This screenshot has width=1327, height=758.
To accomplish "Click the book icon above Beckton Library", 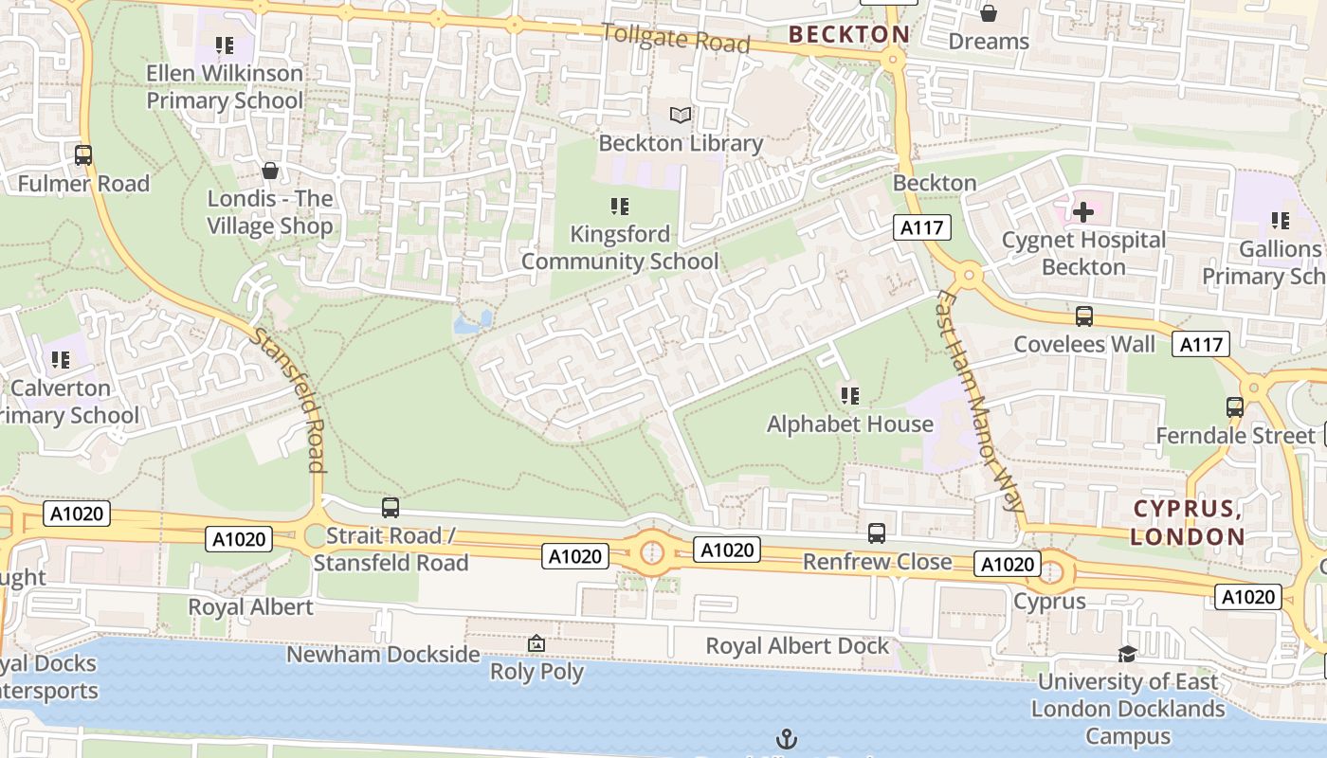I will point(681,115).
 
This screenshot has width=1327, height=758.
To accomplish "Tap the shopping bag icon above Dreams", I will point(989,13).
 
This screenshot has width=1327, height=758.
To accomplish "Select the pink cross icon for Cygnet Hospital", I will point(1082,211).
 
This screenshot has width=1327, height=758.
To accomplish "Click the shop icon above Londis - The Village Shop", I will point(270,171).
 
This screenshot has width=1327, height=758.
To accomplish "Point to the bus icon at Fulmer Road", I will point(83,154).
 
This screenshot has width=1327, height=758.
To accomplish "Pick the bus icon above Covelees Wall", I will point(1084,316).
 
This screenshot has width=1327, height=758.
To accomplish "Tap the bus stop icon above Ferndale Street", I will point(1235,407).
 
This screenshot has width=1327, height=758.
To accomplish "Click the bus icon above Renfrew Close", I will point(877,533).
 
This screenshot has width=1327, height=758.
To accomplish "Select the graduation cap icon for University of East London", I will point(1127,654).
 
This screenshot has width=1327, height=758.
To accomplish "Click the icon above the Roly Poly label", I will point(536,644).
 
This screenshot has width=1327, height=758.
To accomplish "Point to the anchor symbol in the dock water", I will point(786,738).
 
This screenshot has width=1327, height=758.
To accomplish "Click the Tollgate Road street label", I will point(676,38).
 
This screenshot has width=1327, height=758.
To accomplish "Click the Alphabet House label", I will point(850,424).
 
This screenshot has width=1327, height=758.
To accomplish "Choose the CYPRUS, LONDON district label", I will point(1190,522).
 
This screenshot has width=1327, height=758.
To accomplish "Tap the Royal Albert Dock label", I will point(797,646).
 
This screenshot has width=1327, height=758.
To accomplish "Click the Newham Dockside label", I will point(383,654).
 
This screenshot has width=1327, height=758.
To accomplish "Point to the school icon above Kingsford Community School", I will point(620,207).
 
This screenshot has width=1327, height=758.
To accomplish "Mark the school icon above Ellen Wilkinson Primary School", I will point(225,45).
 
